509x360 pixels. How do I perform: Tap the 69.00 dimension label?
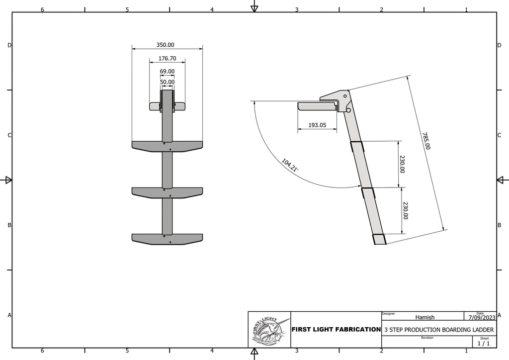167,72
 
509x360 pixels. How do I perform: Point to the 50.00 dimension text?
167,82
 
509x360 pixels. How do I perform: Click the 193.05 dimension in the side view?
317,125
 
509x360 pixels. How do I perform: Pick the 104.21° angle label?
290,165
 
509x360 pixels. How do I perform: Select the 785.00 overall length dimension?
425,141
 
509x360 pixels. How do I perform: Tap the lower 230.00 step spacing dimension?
405,210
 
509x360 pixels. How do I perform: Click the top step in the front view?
167,146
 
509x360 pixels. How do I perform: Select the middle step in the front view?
167,192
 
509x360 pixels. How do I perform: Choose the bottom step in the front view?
167,239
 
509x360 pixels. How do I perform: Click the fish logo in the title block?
269,330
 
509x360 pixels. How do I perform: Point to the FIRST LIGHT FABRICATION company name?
336,330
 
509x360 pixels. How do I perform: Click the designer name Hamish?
424,317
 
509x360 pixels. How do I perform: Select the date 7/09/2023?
480,317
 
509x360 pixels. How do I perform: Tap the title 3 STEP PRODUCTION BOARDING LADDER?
439,330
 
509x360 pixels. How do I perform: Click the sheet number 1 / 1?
483,343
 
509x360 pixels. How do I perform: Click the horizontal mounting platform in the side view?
317,106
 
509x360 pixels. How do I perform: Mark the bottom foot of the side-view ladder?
379,239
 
